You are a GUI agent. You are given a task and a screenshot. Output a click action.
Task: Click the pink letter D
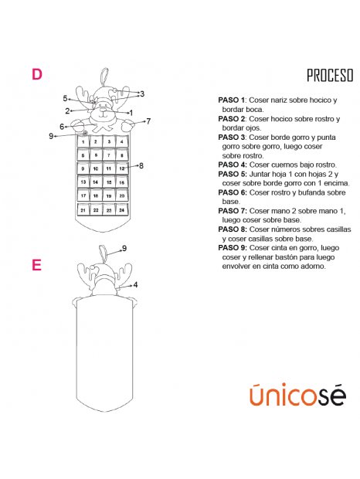pos(37,74)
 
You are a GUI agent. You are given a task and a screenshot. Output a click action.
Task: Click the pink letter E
pos(36,265)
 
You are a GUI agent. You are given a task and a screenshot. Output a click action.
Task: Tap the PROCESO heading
pos(330,76)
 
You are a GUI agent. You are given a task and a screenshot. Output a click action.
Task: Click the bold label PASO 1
pos(231,100)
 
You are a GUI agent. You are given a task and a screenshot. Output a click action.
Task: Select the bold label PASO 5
pos(232,174)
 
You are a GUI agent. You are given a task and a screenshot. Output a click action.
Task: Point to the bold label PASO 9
pos(232,248)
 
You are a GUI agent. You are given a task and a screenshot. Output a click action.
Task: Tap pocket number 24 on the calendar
pos(122,209)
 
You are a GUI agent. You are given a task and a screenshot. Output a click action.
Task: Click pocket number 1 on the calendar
pos(83,141)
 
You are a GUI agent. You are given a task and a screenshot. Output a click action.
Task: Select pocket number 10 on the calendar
pos(96,168)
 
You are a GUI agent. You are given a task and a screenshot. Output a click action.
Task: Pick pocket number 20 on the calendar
pos(122,195)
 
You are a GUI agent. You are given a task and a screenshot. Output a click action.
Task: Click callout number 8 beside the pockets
pos(141,166)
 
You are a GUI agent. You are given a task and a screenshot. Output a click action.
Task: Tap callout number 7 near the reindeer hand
pos(148,121)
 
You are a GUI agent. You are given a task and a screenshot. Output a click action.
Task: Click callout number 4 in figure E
pos(135,285)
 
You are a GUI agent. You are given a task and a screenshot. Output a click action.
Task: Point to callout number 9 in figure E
pos(124,248)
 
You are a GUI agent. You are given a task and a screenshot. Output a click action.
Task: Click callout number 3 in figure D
pos(142,93)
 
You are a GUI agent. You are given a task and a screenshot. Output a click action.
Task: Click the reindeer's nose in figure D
pos(104,110)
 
